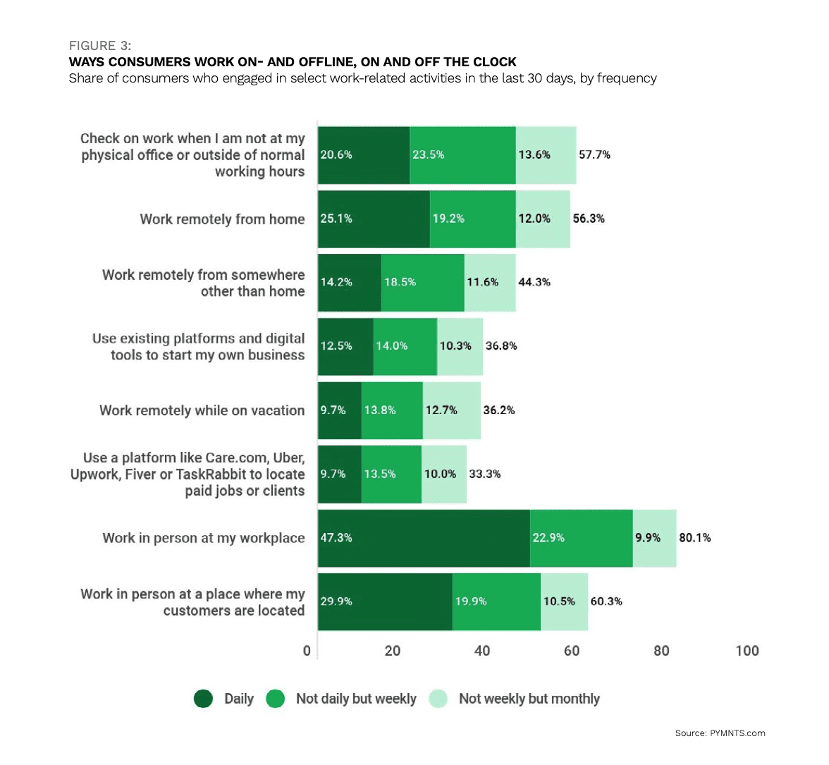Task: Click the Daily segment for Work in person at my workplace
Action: point(423,538)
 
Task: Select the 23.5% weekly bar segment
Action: point(462,155)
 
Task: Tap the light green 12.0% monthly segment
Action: point(542,219)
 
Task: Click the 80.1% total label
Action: point(694,538)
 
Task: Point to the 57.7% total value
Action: point(594,154)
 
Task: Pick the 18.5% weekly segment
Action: point(422,282)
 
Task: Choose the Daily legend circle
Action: point(204,699)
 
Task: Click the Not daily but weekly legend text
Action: point(356,699)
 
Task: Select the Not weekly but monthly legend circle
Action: point(438,699)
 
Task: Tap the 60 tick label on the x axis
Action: point(572,651)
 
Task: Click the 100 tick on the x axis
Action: point(747,651)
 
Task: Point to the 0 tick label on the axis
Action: point(307,651)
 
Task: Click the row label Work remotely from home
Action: point(222,219)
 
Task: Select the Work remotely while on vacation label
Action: point(202,410)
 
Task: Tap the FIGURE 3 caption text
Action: point(99,46)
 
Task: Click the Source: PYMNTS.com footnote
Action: point(720,733)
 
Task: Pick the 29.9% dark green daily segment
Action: point(385,601)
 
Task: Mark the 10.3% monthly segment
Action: point(460,346)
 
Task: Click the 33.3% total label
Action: point(485,474)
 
